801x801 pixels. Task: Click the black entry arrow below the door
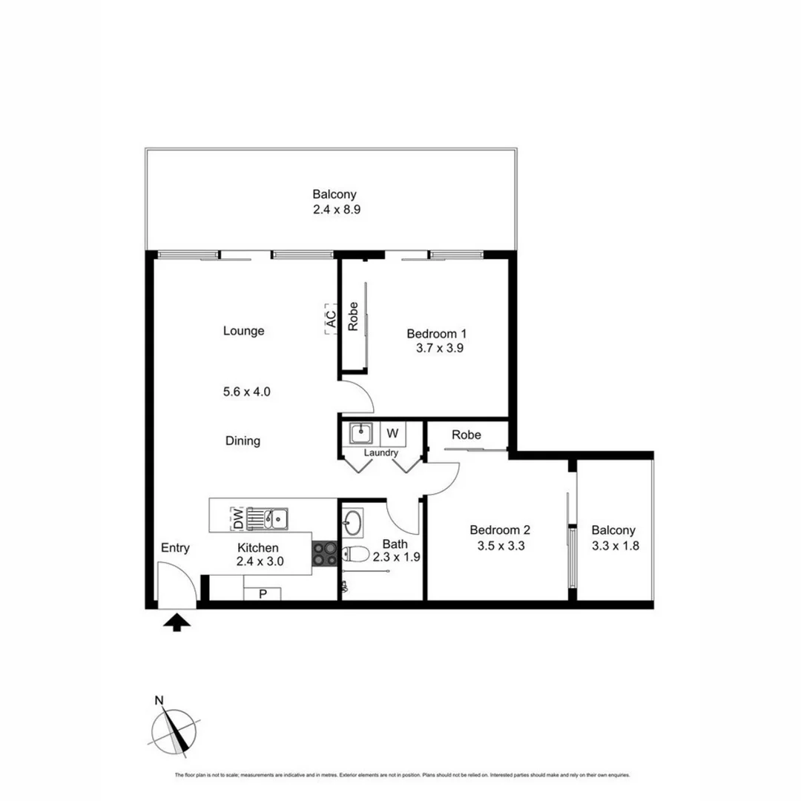pyautogui.click(x=176, y=623)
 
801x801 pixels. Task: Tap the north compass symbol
pyautogui.click(x=175, y=730)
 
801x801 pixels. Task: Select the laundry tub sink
pyautogui.click(x=361, y=433)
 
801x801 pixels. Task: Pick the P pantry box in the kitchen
pyautogui.click(x=263, y=593)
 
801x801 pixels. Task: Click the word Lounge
pyautogui.click(x=243, y=331)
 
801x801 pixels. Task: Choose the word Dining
pyautogui.click(x=243, y=441)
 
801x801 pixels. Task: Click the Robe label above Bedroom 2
pyautogui.click(x=467, y=435)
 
